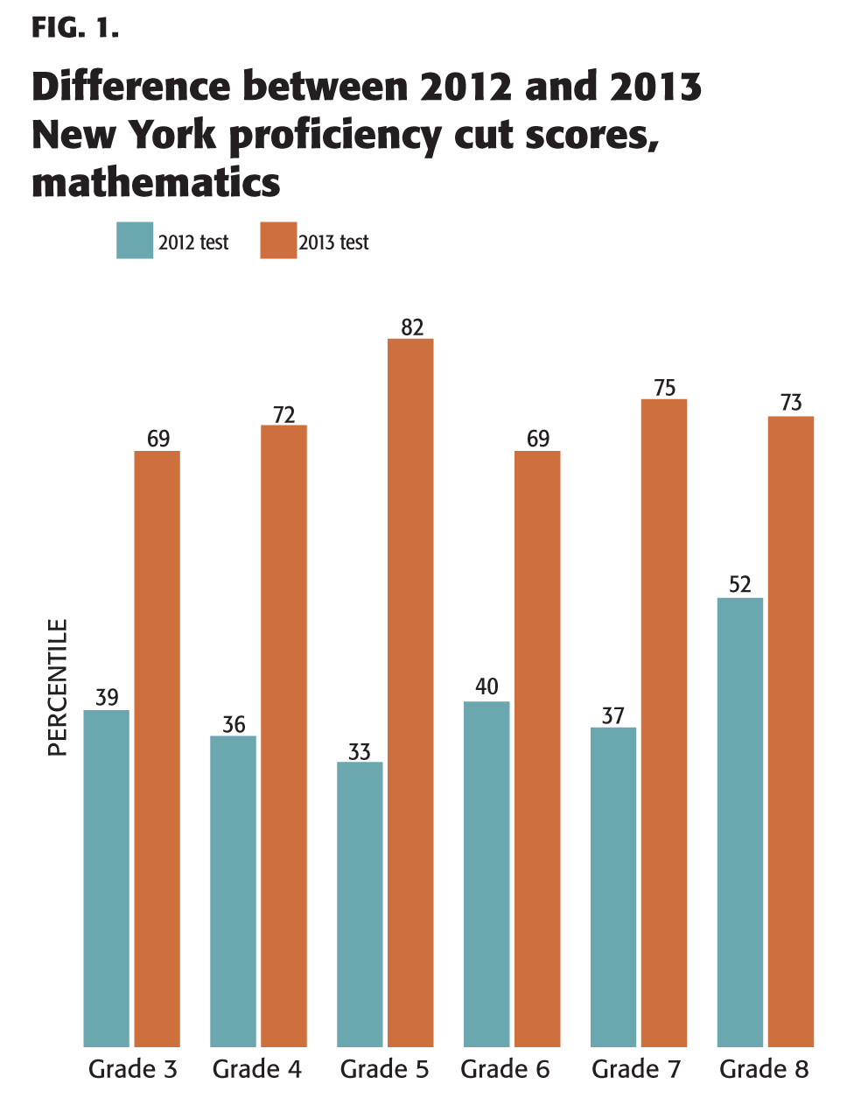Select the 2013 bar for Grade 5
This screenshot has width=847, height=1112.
(x=410, y=692)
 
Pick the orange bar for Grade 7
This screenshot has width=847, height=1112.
(x=663, y=722)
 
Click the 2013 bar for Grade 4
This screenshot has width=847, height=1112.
(x=283, y=735)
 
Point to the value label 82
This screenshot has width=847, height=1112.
(x=412, y=327)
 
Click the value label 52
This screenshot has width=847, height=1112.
(x=740, y=584)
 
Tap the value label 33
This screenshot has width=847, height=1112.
(x=360, y=751)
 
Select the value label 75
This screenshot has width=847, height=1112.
(x=665, y=388)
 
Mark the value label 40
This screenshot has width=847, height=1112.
(x=486, y=686)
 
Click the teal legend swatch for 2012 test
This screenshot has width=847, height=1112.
(x=135, y=241)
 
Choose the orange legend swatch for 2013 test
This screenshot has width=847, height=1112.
(x=278, y=241)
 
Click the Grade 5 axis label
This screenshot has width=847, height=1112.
(x=384, y=1069)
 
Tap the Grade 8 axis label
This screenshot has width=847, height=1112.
(x=764, y=1069)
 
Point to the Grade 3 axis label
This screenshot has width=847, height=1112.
(x=133, y=1069)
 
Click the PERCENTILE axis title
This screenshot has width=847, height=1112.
(x=58, y=687)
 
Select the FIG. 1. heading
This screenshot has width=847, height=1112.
(x=74, y=28)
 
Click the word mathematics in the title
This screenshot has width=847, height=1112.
(x=156, y=183)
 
